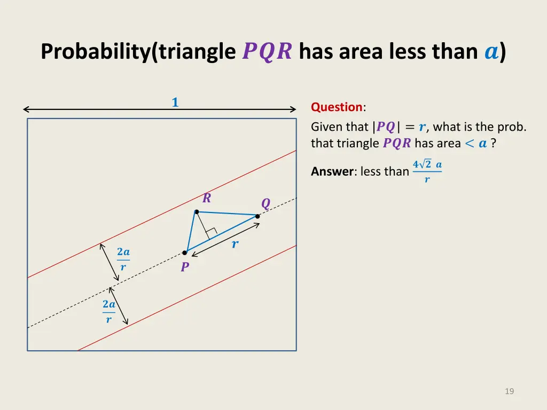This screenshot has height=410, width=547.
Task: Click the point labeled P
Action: click(x=185, y=253)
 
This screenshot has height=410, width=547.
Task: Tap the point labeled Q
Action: click(x=257, y=216)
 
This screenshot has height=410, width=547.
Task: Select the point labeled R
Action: click(x=197, y=212)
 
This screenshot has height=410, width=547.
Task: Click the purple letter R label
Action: click(x=207, y=199)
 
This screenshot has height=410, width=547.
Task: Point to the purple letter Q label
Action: click(x=265, y=203)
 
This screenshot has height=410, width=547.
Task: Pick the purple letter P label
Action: click(x=185, y=267)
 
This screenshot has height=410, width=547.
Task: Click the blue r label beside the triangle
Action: click(x=235, y=245)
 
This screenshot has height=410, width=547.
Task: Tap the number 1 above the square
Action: click(x=175, y=102)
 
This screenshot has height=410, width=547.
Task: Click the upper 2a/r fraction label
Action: click(x=123, y=259)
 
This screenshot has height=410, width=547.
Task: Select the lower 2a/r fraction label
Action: click(x=109, y=311)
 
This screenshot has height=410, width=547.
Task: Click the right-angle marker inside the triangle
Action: click(x=210, y=233)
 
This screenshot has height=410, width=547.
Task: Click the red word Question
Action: click(x=337, y=107)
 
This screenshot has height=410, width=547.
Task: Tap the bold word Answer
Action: click(x=332, y=171)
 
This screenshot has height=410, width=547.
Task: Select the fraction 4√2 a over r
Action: click(x=427, y=171)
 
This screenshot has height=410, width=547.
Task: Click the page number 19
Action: click(x=509, y=391)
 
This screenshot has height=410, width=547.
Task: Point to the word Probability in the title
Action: click(x=95, y=52)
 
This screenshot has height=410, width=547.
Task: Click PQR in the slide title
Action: click(x=267, y=52)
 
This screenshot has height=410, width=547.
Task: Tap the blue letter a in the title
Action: click(x=490, y=52)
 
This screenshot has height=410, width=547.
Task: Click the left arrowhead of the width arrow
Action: click(x=25, y=109)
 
